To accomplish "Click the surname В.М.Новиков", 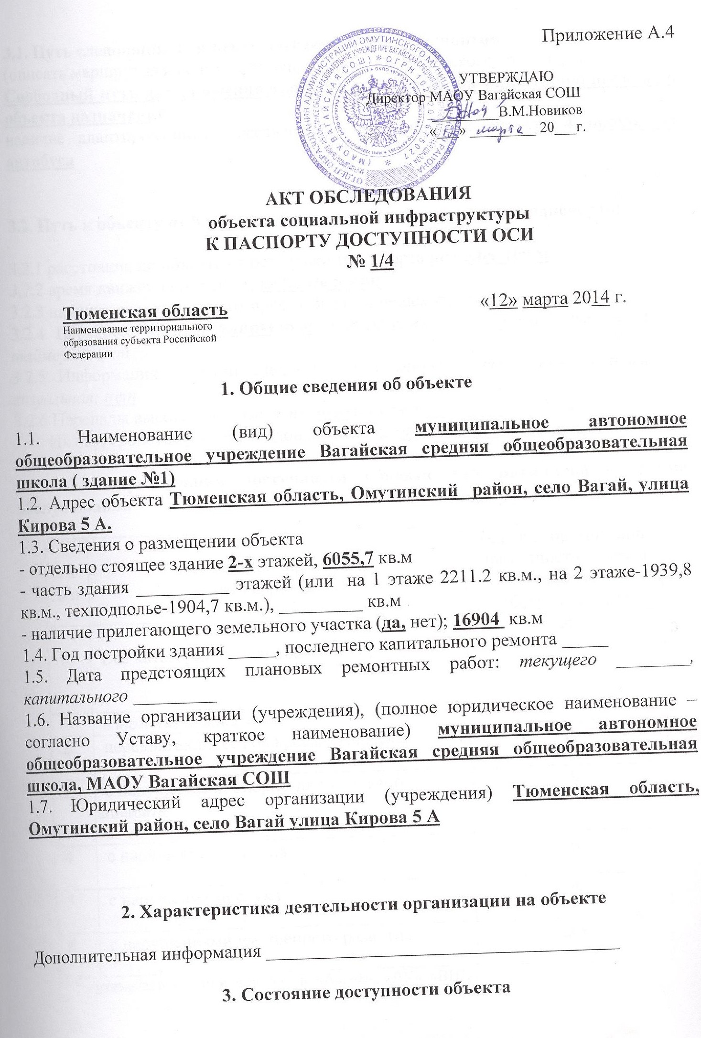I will click(540, 111).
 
